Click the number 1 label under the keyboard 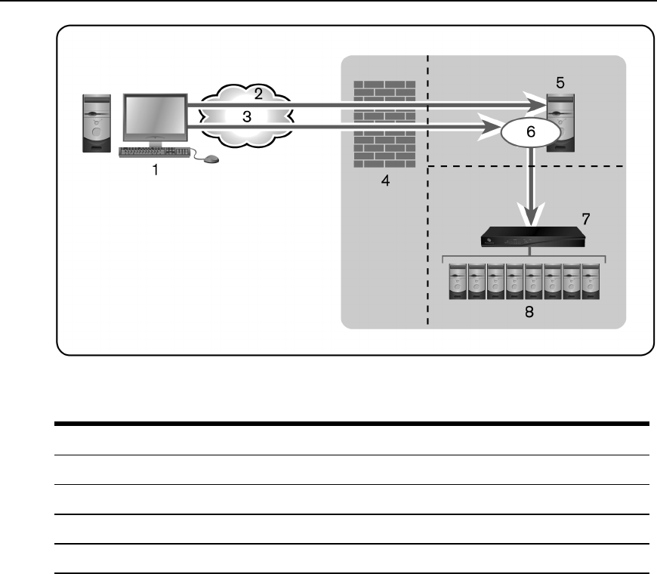pyautogui.click(x=156, y=170)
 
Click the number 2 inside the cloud pyautogui.click(x=258, y=94)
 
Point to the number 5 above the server pyautogui.click(x=560, y=80)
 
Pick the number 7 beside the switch pyautogui.click(x=587, y=220)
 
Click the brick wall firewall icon pyautogui.click(x=384, y=122)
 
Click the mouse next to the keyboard pyautogui.click(x=212, y=159)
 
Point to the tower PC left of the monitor pyautogui.click(x=97, y=123)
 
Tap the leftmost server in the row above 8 pyautogui.click(x=458, y=281)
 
